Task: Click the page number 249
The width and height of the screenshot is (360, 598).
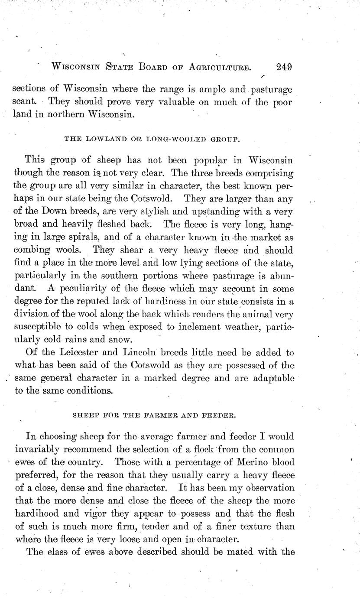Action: pyautogui.click(x=283, y=67)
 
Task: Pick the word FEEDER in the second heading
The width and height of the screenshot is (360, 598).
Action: pyautogui.click(x=217, y=415)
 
